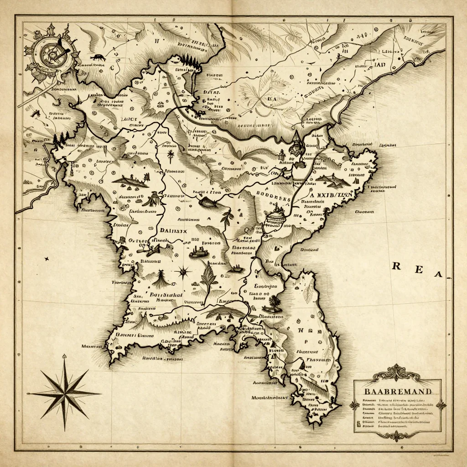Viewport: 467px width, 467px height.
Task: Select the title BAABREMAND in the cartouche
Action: click(x=397, y=391)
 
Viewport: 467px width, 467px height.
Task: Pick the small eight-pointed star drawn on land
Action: click(x=183, y=272)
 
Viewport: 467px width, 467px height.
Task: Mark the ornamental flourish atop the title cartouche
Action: click(x=396, y=373)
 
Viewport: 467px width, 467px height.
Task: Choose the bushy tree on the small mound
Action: click(x=273, y=302)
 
